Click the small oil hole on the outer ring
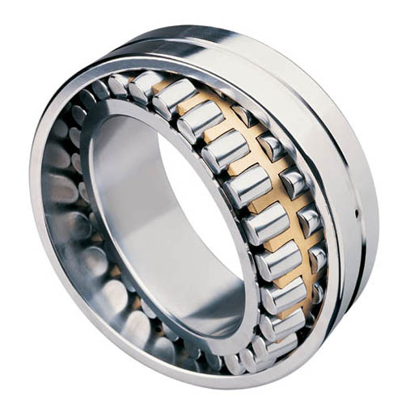tap(357, 213)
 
